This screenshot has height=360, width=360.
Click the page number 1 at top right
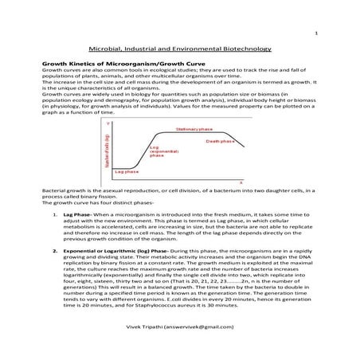pyautogui.click(x=317, y=33)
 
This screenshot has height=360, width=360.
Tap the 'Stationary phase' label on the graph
pyautogui.click(x=191, y=128)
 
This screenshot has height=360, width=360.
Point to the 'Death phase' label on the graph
pyautogui.click(x=221, y=141)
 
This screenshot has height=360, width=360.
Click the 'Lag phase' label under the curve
pyautogui.click(x=127, y=172)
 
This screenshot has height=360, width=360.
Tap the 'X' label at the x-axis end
pyautogui.click(x=241, y=183)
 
